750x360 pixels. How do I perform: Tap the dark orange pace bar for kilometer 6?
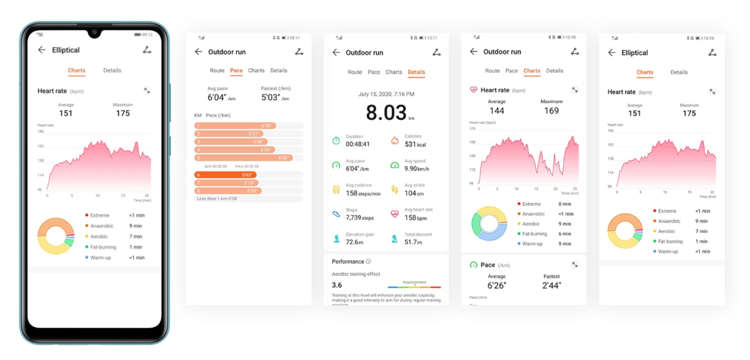tap(225, 175)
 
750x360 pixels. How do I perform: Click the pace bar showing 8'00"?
tap(243, 158)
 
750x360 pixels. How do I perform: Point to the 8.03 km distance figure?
tap(386, 113)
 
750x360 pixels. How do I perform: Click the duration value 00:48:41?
tap(358, 144)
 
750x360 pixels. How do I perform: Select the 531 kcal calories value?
tap(415, 144)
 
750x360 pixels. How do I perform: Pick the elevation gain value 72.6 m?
tap(355, 242)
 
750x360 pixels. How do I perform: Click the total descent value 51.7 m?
tap(413, 242)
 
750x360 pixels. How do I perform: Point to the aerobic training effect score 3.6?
tap(337, 285)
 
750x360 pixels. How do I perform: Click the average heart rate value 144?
tap(497, 111)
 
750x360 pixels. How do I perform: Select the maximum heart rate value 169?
tap(551, 111)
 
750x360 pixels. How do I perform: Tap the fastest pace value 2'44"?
tap(551, 286)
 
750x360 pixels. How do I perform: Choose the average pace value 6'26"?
tap(497, 286)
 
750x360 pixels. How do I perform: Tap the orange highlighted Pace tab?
tap(236, 71)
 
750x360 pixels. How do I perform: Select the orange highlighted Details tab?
tap(416, 72)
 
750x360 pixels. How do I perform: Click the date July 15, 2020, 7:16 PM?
tap(386, 94)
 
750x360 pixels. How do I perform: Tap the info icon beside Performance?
tap(368, 261)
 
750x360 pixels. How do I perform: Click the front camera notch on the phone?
tap(94, 33)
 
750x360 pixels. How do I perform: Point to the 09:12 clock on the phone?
tap(147, 34)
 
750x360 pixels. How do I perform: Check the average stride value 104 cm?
tap(414, 193)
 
